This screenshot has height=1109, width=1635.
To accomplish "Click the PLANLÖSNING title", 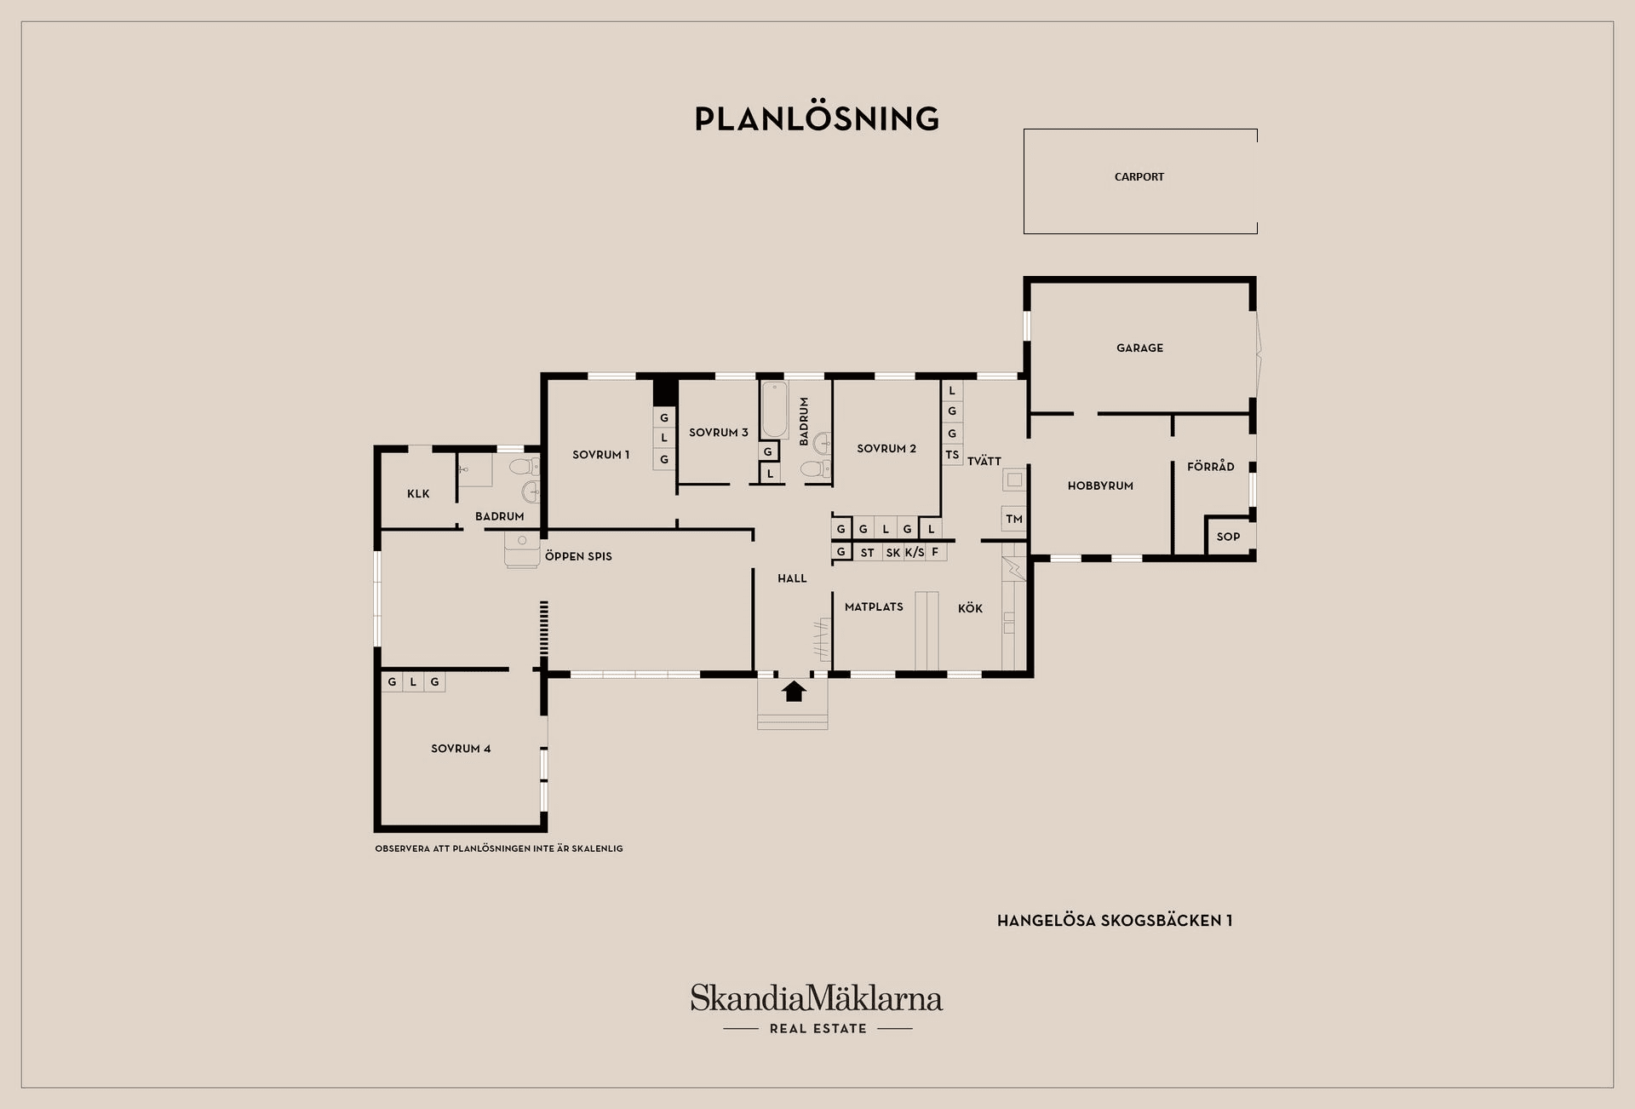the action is coord(817,118).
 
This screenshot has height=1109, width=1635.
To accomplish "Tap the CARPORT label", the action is coord(1139,177).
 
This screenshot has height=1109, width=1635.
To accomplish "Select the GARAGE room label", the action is coord(1139,348).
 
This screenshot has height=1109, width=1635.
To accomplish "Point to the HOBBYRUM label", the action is coord(1100,486).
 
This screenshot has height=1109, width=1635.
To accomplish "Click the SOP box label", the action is coord(1228,537).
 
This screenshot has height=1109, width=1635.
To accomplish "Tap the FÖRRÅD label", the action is coord(1210,466).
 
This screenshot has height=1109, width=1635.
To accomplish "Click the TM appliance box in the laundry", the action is coord(1013,519).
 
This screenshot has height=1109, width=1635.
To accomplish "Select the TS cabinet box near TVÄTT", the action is coord(952,455).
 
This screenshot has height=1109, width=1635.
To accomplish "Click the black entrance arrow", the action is coord(794,691).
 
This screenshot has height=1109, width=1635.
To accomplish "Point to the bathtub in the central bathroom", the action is coord(774,410).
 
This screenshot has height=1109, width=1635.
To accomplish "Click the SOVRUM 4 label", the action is coord(461,749).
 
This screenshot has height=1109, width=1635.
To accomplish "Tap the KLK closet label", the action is coord(418,494).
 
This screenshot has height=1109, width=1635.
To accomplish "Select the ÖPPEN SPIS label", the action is coord(578,556).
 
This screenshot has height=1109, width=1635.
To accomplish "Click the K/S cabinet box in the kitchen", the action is coord(915,553).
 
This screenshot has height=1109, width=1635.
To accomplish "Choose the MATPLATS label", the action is coord(874,607).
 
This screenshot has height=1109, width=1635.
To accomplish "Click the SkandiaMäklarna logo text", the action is coord(817,998).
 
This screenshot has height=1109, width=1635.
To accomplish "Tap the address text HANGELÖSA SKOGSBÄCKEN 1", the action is coord(1115,921).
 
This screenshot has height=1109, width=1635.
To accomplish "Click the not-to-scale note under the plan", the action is coord(499,848).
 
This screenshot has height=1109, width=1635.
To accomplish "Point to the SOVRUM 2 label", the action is coord(886,449).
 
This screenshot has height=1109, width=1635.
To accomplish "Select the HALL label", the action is coord(792,578).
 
